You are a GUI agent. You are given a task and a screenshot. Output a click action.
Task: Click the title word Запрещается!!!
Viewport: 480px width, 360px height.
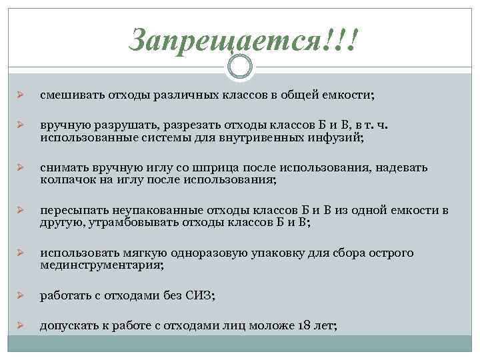click(244, 41)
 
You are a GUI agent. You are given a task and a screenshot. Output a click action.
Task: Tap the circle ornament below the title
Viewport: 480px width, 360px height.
click(239, 66)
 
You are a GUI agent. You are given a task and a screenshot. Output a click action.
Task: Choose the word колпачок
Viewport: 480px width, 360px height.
click(65, 179)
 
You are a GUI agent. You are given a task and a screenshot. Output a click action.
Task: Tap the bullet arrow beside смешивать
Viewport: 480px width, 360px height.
click(20, 96)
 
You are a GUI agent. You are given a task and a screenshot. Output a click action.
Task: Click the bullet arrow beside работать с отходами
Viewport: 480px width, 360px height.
click(20, 295)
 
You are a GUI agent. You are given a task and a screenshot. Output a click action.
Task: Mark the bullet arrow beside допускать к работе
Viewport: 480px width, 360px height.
click(20, 326)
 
